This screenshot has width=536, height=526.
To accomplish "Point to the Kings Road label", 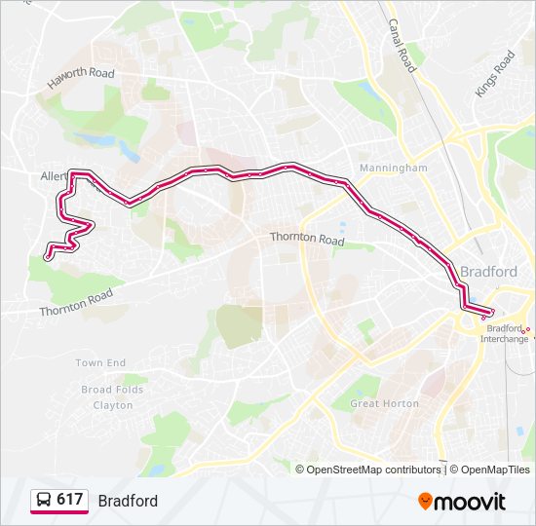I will point(494,74).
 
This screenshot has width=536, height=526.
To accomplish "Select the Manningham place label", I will point(393,168).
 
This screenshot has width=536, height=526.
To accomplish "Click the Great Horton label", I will point(384,403).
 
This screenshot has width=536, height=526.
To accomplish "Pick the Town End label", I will point(101,363).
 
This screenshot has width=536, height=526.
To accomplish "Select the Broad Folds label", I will point(112,390).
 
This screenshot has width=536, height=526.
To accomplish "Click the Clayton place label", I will point(113,405).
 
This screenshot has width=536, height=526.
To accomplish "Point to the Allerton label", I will point(54,177).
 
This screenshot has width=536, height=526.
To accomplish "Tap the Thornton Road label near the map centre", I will point(307,239).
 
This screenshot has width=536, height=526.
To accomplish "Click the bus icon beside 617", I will point(44,501).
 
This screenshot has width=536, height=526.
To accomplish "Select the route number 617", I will point(69,500).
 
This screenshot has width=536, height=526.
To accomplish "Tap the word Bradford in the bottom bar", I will point(128,501).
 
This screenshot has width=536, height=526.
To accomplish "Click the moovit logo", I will point(462,501).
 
